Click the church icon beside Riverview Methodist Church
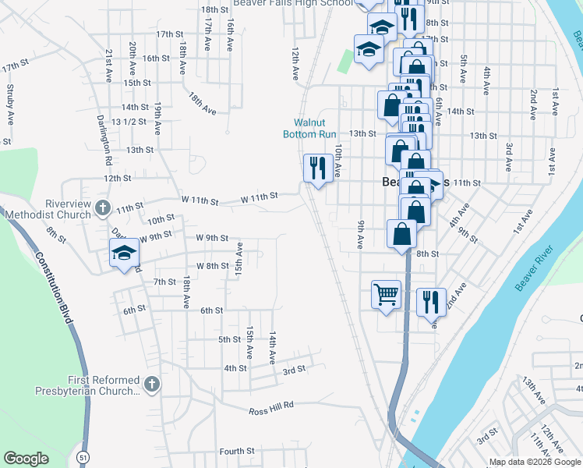102,207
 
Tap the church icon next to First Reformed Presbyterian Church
152,384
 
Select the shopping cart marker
386,295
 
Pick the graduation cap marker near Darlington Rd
123,254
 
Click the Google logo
26,459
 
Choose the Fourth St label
237,451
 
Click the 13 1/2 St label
129,122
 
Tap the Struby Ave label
10,105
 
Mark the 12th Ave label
295,64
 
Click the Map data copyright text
534,462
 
